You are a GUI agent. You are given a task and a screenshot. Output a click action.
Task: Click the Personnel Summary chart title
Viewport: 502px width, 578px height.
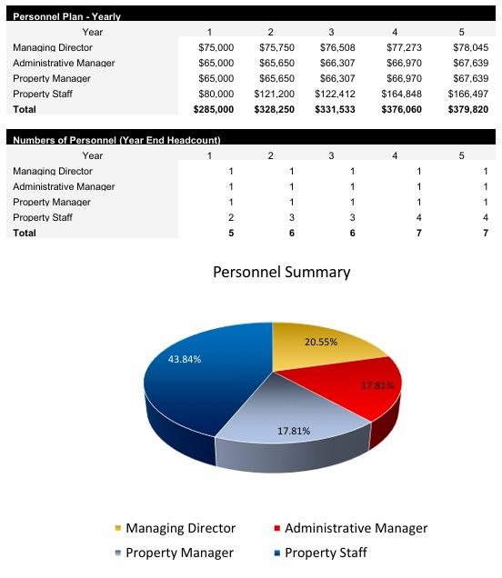[281, 272]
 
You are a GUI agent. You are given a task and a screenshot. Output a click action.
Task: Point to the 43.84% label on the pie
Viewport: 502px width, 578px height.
[185, 359]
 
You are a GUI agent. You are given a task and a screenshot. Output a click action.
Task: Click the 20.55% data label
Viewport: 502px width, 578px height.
[322, 343]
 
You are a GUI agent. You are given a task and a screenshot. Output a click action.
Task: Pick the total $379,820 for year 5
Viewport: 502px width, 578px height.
[468, 109]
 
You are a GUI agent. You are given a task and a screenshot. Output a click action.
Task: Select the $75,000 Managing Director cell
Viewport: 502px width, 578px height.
[216, 47]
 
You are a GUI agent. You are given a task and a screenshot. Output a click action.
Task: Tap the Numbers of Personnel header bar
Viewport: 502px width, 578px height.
[116, 140]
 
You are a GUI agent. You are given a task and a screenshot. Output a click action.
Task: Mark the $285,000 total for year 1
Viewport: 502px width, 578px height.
[213, 109]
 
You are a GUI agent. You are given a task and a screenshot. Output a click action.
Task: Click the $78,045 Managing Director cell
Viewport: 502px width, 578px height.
[470, 47]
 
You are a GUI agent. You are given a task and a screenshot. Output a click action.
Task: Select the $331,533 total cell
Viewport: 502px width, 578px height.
[336, 109]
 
